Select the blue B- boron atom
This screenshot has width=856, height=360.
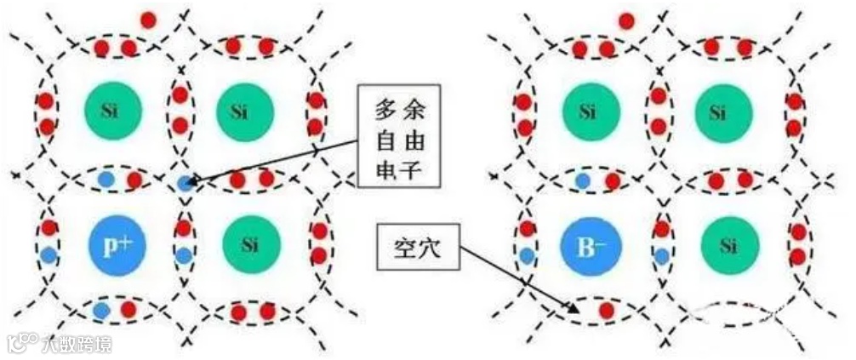pos(588,246)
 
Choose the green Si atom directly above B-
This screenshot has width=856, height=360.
pos(588,110)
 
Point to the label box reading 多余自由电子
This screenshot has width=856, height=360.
pos(398,135)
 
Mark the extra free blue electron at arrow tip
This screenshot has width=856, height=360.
pos(185,182)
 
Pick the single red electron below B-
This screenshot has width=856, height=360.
pos(606,311)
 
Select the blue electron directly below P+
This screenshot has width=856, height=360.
pos(102,311)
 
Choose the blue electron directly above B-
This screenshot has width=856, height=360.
pos(582,180)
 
